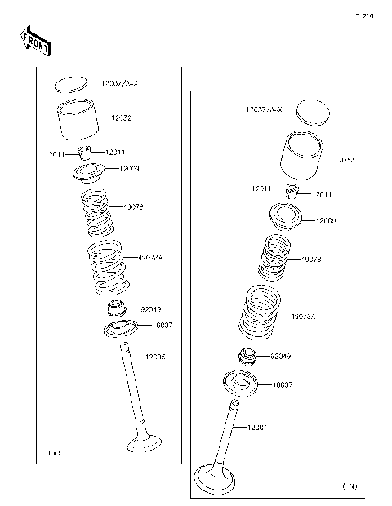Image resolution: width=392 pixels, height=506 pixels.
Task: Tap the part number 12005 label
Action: (x=155, y=357)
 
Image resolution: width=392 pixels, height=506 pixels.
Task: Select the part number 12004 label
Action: (x=256, y=427)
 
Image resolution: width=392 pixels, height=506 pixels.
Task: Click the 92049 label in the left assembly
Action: (x=151, y=310)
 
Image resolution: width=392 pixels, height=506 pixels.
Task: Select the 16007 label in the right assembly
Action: (x=283, y=384)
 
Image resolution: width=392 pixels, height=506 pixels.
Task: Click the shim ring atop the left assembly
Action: (x=70, y=84)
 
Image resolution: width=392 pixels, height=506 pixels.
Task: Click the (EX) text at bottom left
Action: (x=52, y=451)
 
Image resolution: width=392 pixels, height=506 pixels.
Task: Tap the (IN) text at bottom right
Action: (x=350, y=486)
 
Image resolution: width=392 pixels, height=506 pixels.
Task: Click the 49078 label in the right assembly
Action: (x=311, y=259)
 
